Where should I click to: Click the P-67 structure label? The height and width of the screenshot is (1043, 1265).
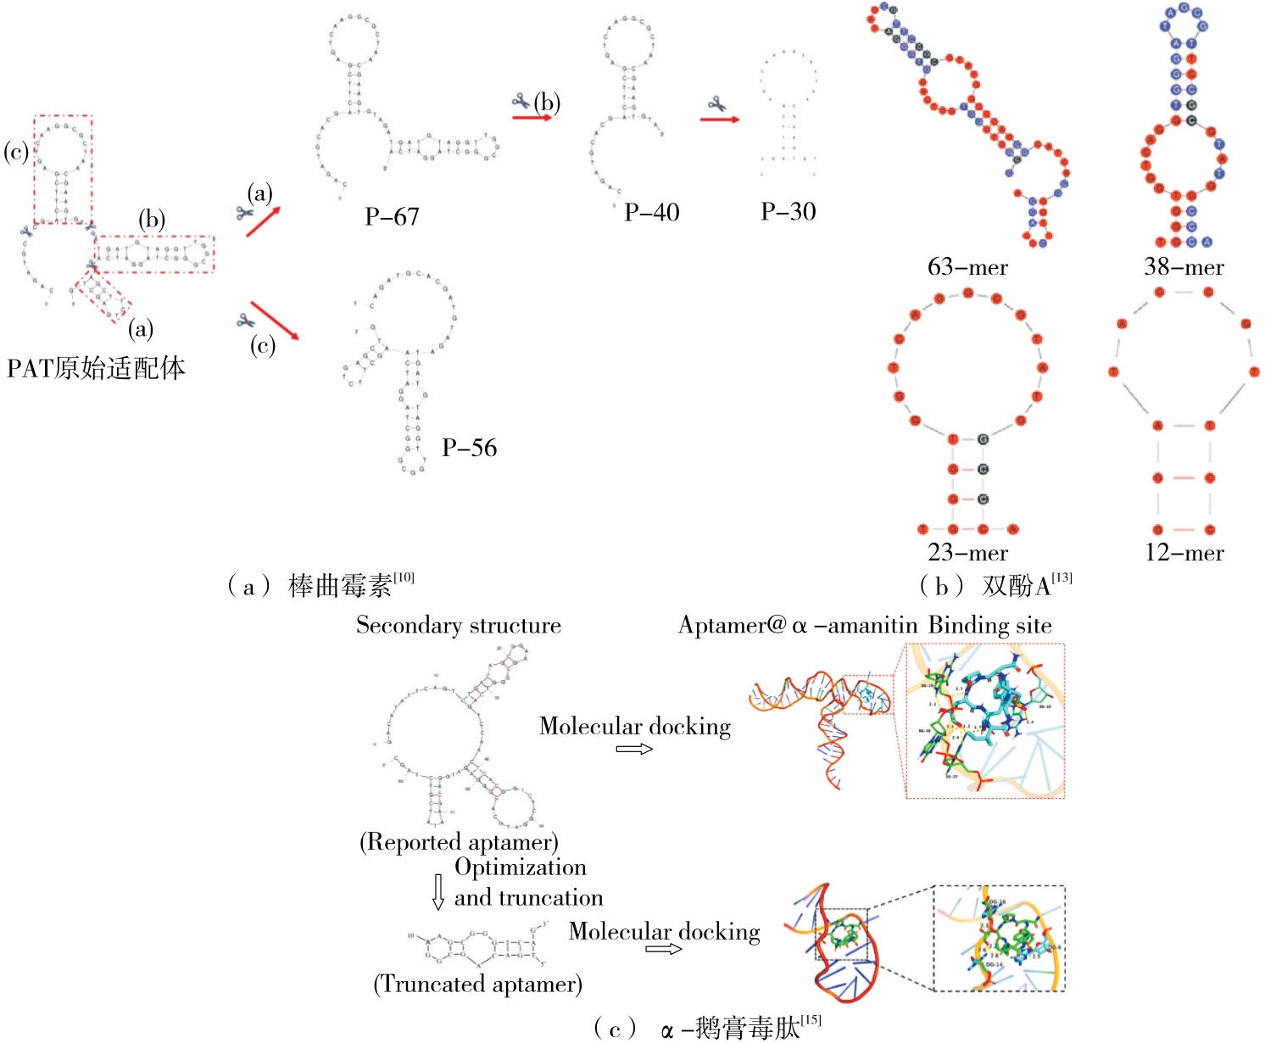coord(392,217)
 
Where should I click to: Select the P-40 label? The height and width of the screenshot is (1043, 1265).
coord(651,212)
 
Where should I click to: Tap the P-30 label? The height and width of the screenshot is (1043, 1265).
coord(788,211)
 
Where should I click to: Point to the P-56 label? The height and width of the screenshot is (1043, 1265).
coord(469,448)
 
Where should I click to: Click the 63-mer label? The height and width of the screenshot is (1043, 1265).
coord(967,267)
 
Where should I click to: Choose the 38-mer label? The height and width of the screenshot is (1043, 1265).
coord(1184,267)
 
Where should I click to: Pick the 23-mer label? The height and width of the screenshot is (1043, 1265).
coord(967,553)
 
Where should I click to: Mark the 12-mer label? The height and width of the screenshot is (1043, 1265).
coord(1184,553)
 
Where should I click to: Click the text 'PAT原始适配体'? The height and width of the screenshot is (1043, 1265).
coord(96,368)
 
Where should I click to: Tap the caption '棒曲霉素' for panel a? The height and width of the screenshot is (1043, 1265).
coord(340,586)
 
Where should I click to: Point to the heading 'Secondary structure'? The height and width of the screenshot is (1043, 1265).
coord(458,626)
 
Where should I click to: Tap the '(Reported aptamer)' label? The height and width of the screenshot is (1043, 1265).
coord(459,842)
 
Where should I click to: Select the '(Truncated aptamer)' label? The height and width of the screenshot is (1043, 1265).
coord(477,984)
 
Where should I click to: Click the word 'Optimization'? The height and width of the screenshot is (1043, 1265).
coord(520,867)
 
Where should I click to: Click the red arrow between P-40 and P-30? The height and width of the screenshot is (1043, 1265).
coord(719,120)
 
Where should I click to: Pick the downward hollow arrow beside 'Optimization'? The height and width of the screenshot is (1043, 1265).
coord(437,891)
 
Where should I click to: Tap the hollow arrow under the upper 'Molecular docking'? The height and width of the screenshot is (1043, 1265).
coord(634,749)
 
